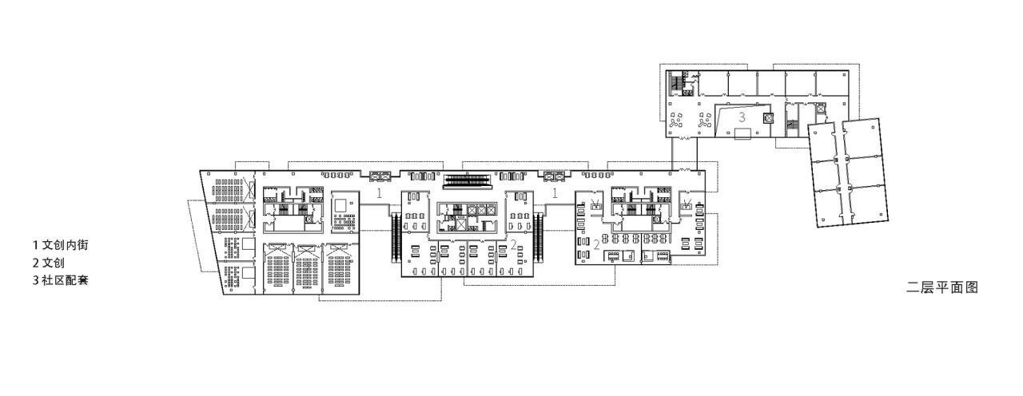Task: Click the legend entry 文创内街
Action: click(x=60, y=245)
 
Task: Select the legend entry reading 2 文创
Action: click(x=49, y=263)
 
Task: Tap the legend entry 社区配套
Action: click(x=60, y=280)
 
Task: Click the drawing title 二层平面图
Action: click(x=942, y=287)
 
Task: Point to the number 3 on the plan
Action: click(x=742, y=117)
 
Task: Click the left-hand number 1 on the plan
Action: click(x=380, y=193)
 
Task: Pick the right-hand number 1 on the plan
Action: click(x=554, y=193)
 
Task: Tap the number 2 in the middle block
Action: click(x=514, y=244)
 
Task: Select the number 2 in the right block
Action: click(x=596, y=244)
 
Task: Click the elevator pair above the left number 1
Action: click(x=380, y=174)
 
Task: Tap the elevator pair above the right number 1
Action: click(x=554, y=174)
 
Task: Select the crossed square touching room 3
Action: click(x=769, y=118)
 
